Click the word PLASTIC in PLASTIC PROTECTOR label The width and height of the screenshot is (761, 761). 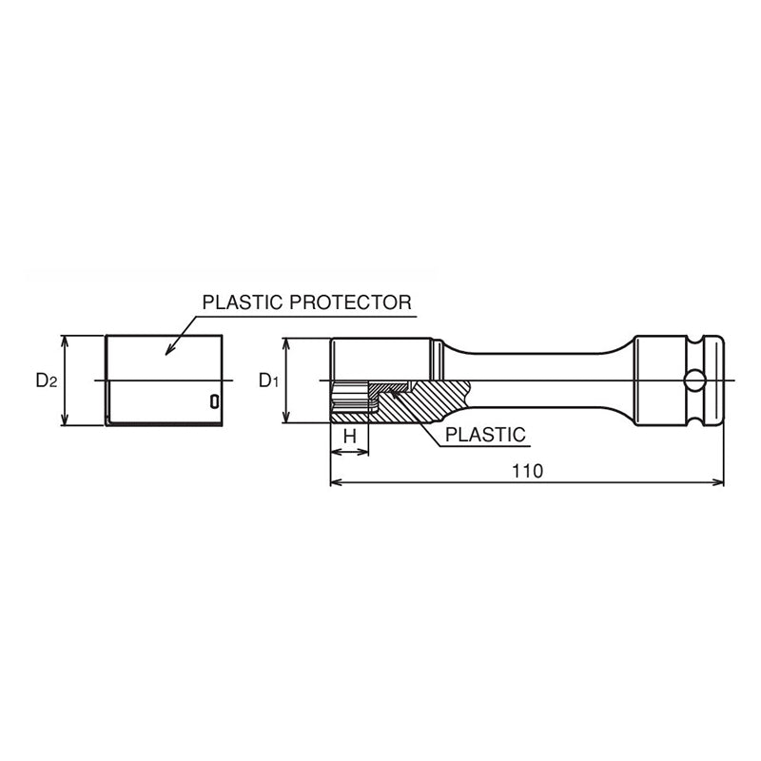coord(237,302)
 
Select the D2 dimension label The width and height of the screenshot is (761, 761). coord(47,380)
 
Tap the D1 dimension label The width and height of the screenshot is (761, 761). coord(267,380)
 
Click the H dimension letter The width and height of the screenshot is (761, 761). coord(349,437)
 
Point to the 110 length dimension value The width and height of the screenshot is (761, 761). coord(526,471)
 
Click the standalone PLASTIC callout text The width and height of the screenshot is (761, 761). coord(485,435)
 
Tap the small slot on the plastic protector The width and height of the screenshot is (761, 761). coord(214,401)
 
